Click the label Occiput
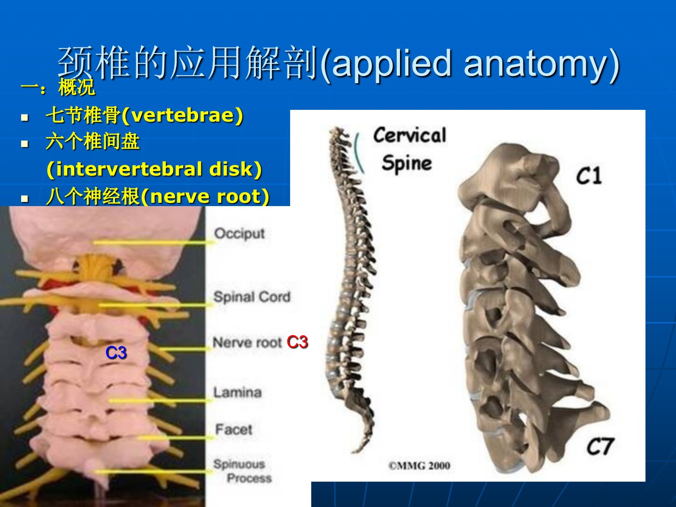[239, 234]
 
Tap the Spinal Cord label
[252, 297]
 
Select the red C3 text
[297, 342]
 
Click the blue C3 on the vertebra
[116, 353]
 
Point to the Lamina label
[238, 392]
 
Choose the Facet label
[234, 429]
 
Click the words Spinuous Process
[243, 471]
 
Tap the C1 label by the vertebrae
[589, 176]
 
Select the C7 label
[600, 446]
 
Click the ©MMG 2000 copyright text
[419, 466]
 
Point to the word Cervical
[410, 135]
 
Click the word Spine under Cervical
[407, 163]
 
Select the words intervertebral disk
[154, 169]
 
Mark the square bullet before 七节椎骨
[24, 117]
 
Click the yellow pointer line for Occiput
[154, 243]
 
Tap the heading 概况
[77, 87]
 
